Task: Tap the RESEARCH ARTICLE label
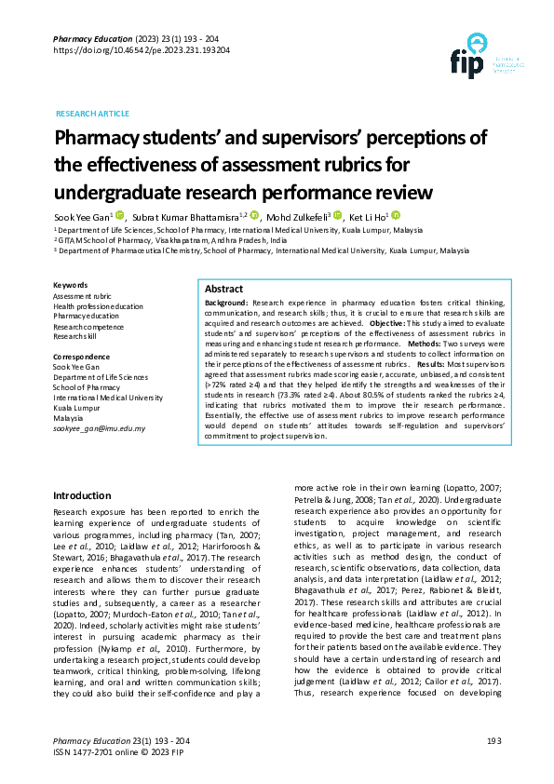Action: coord(93,113)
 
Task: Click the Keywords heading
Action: coord(71,285)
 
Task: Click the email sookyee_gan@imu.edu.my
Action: coord(99,427)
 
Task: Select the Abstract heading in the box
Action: coord(223,290)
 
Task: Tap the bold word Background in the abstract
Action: coord(225,304)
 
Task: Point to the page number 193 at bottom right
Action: coord(493,740)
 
